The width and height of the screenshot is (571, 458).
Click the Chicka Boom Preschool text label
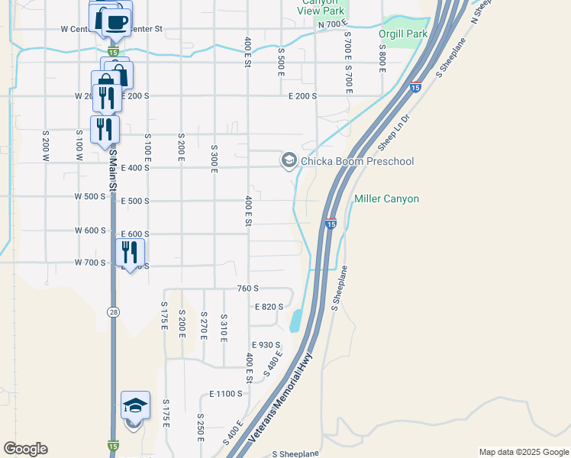pos(357,161)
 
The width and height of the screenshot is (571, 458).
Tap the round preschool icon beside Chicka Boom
pos(289,160)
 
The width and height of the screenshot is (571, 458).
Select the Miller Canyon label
pos(386,199)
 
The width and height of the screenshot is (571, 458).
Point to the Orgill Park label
pos(403,34)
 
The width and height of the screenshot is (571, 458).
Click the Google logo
pos(24,449)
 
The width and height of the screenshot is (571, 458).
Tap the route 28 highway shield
pos(113,312)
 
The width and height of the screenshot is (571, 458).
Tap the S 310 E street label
pos(224,327)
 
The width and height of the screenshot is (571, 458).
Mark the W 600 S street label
pos(90,231)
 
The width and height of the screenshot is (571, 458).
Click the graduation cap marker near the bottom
pos(135,405)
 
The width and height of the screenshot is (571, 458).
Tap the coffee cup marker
pos(115,21)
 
